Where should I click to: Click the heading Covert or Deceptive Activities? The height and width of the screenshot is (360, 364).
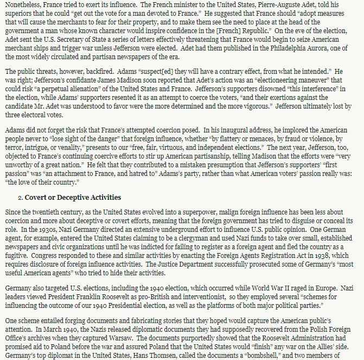[x=73, y=197]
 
